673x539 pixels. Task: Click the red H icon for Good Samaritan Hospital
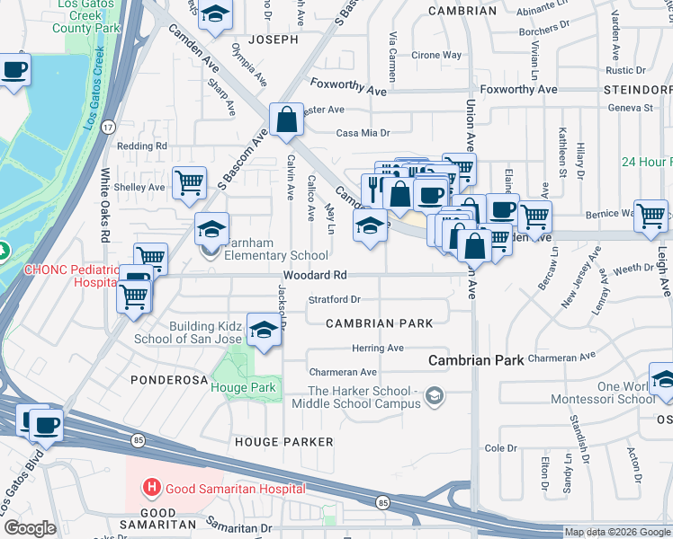coord(152,488)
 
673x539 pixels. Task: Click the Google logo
coord(30,527)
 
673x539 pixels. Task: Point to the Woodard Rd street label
coord(315,276)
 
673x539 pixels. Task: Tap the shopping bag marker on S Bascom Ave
coord(286,119)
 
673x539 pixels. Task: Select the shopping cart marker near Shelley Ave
coord(189,183)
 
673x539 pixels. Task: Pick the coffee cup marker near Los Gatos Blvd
coord(45,424)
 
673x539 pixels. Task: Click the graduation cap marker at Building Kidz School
coord(264,330)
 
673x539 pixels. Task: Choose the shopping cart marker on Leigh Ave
coord(651,215)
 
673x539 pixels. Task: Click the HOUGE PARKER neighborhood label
coord(283,442)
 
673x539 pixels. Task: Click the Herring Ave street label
coord(377,348)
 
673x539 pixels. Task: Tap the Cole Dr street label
coord(500,447)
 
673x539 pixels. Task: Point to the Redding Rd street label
coord(142,146)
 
